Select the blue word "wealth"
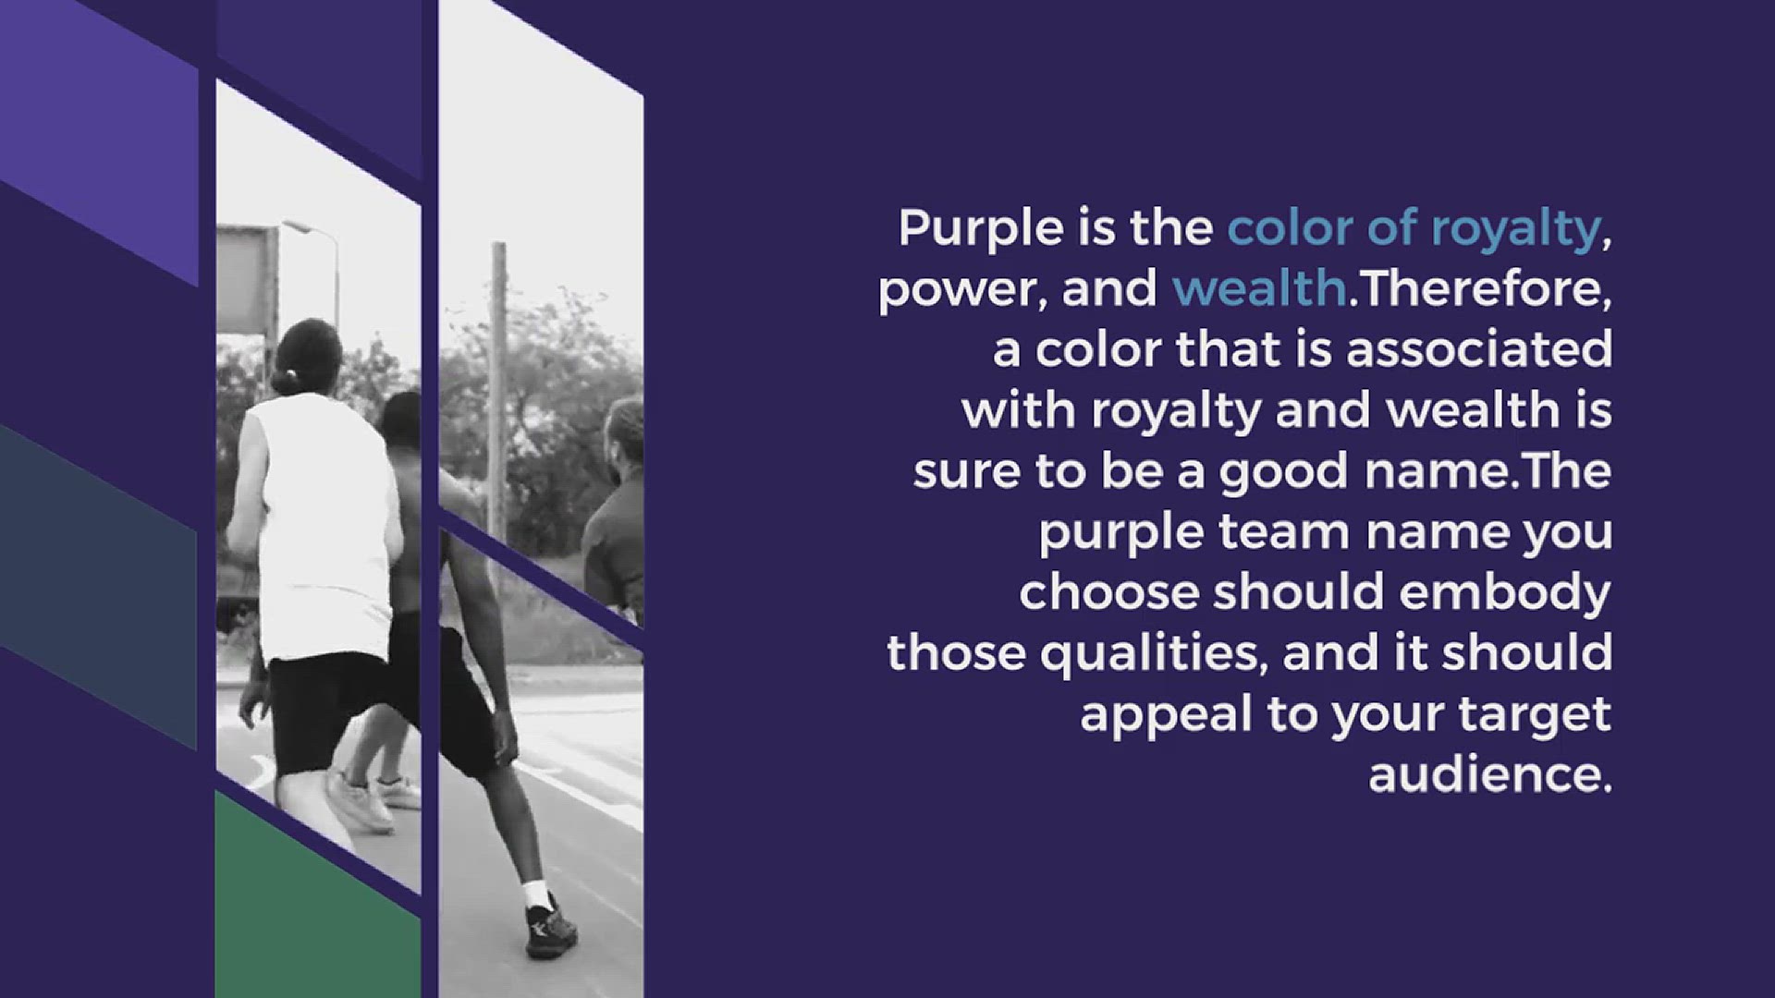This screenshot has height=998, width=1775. click(x=1259, y=288)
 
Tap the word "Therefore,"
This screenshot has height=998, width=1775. click(x=1485, y=289)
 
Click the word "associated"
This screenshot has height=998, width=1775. click(x=1479, y=349)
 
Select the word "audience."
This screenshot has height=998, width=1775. click(x=1490, y=773)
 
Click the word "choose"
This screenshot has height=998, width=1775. click(x=1109, y=592)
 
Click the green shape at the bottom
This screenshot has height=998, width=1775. click(x=318, y=895)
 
